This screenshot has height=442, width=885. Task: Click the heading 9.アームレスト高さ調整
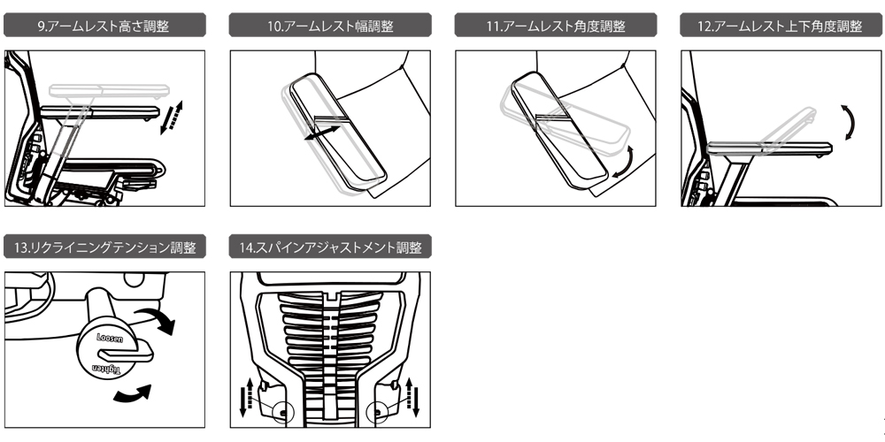pos(105,27)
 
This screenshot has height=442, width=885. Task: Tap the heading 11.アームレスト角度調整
pos(556,27)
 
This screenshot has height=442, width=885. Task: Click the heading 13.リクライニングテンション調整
pos(105,247)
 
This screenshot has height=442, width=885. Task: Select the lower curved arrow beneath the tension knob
pos(134,394)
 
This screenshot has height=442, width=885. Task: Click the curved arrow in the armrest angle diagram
pos(627,161)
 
